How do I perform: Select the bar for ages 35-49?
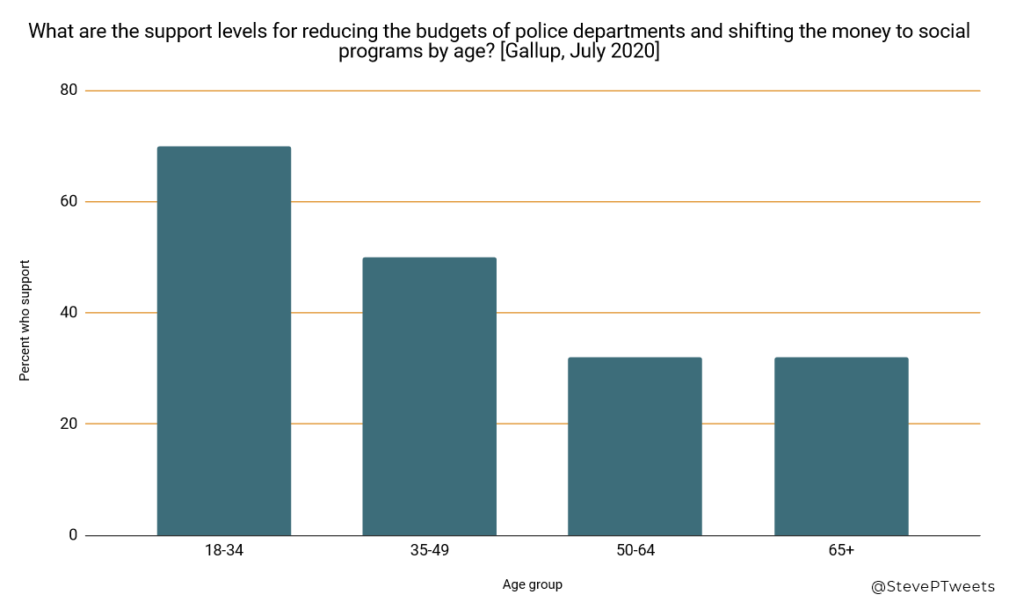pyautogui.click(x=429, y=396)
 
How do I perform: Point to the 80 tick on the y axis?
pyautogui.click(x=69, y=91)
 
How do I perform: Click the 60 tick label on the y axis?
pyautogui.click(x=69, y=202)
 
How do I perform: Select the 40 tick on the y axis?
pyautogui.click(x=69, y=313)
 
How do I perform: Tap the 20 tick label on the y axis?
pyautogui.click(x=69, y=424)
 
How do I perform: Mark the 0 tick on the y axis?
pyautogui.click(x=73, y=535)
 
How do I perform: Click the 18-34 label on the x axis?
pyautogui.click(x=223, y=551)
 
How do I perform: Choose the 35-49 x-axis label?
pyautogui.click(x=429, y=551)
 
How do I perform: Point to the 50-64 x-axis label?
pyautogui.click(x=635, y=551)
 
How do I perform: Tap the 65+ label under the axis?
pyautogui.click(x=841, y=551)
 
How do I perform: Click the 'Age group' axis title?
pyautogui.click(x=533, y=584)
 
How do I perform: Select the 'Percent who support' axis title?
pyautogui.click(x=25, y=320)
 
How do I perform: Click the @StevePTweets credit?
pyautogui.click(x=933, y=585)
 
